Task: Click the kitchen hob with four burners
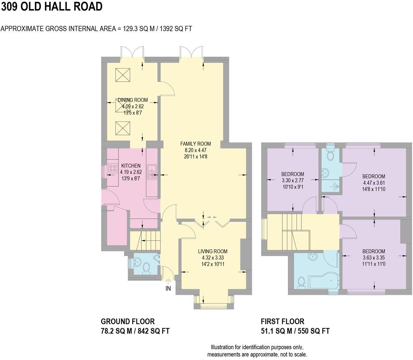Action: pyautogui.click(x=113, y=168)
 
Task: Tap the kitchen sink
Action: pyautogui.click(x=152, y=172)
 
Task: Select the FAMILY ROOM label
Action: pyautogui.click(x=195, y=144)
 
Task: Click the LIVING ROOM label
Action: pyautogui.click(x=212, y=251)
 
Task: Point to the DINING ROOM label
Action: pyautogui.click(x=132, y=100)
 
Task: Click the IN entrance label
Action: pyautogui.click(x=168, y=288)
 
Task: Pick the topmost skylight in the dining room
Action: pyautogui.click(x=123, y=75)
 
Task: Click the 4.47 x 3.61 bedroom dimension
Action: pyautogui.click(x=374, y=183)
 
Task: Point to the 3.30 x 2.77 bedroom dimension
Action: pyautogui.click(x=293, y=181)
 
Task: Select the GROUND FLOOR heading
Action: pyautogui.click(x=128, y=321)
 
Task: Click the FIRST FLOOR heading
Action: pyautogui.click(x=282, y=321)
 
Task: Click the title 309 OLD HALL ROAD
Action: pyautogui.click(x=52, y=7)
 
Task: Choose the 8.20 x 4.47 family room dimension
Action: pyautogui.click(x=195, y=150)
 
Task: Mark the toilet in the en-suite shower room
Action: pyautogui.click(x=330, y=154)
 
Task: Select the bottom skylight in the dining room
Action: pyautogui.click(x=123, y=128)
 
